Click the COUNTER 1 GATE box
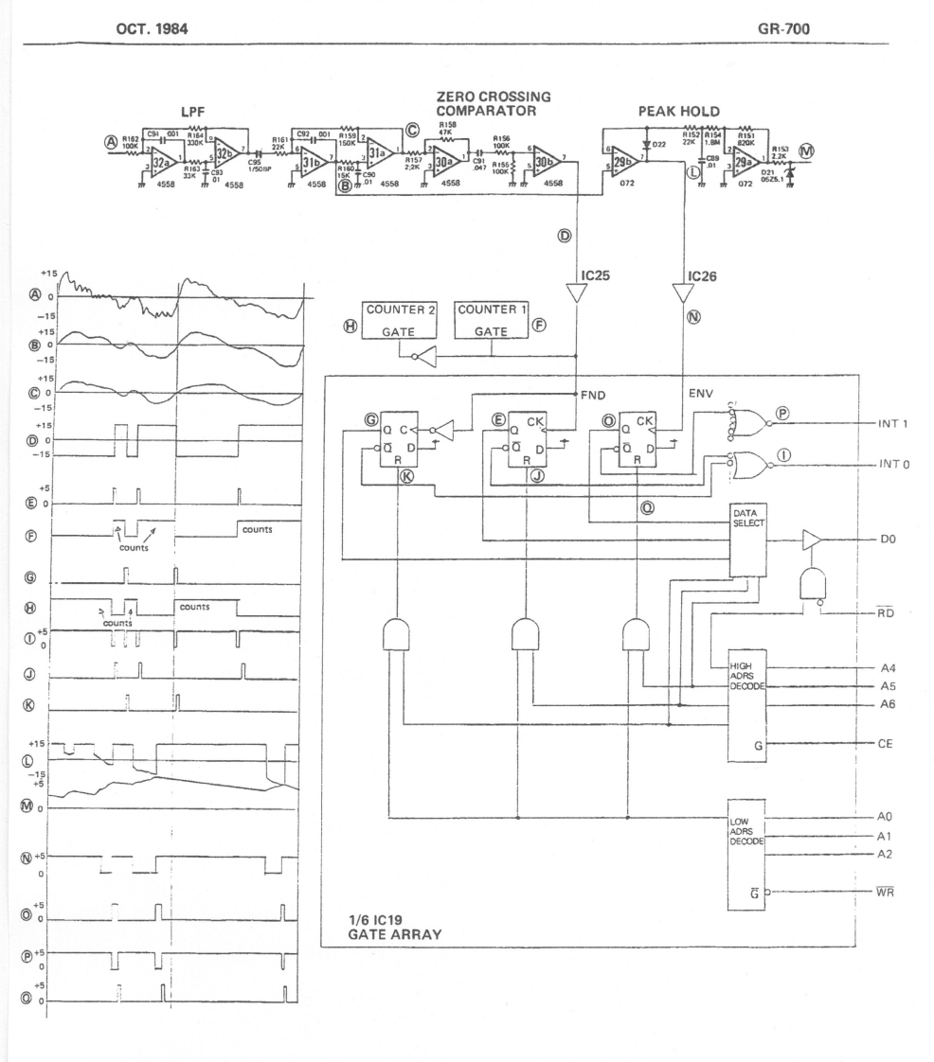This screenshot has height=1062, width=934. click(491, 321)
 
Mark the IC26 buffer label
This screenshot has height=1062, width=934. click(702, 277)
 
